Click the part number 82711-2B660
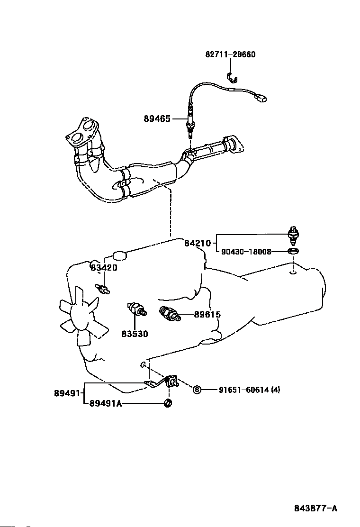tap(230, 55)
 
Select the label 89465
tap(157, 118)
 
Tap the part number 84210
tap(198, 243)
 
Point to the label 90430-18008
tap(246, 251)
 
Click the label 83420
tap(104, 268)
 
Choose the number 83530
tap(135, 334)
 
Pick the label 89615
tap(207, 315)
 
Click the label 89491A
tap(106, 403)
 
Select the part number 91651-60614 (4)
tap(250, 390)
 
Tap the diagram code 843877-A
tap(315, 508)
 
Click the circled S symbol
tap(197, 390)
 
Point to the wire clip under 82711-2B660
tap(232, 78)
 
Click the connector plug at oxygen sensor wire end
tap(262, 98)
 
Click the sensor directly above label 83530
tap(137, 309)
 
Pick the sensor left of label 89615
tap(170, 314)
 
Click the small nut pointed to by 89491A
tap(168, 403)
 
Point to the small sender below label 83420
tap(102, 289)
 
